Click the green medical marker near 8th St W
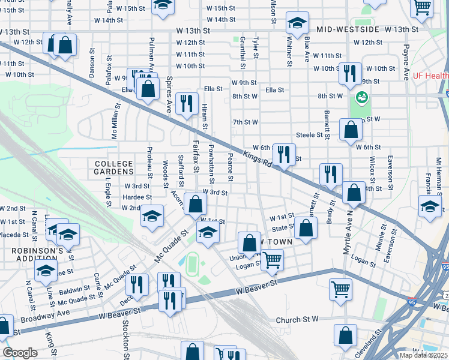point(361,96)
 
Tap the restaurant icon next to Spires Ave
point(188,103)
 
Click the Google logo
point(20,353)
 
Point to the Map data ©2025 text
point(422,355)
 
